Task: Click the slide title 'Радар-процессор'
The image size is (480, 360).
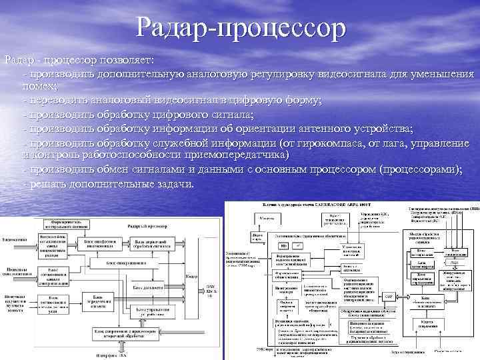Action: click(241, 28)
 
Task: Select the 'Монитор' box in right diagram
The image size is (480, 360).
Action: click(267, 219)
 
